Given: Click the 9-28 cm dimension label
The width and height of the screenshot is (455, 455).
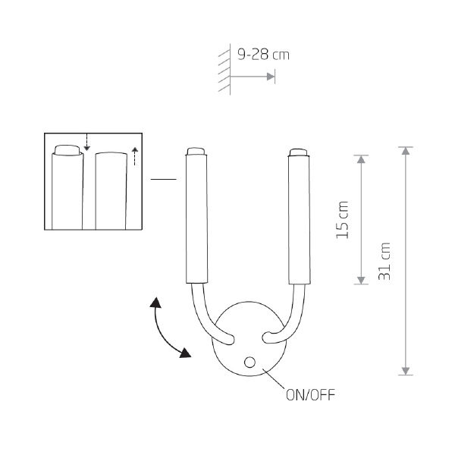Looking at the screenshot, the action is click(263, 55).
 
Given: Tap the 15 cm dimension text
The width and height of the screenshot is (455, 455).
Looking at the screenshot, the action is click(343, 220).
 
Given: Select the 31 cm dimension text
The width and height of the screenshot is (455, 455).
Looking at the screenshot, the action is click(384, 261).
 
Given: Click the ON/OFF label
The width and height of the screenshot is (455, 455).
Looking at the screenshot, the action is click(310, 395).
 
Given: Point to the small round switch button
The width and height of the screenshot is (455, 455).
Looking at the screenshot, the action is click(249, 362).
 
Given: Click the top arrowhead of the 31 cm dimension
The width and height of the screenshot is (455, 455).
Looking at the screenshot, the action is click(406, 151).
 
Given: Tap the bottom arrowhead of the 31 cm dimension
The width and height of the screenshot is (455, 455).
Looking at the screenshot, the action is click(406, 371).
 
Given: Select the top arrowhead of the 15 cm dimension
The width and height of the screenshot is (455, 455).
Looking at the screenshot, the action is click(361, 159).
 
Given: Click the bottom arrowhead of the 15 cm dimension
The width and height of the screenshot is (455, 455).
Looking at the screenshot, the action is click(361, 281).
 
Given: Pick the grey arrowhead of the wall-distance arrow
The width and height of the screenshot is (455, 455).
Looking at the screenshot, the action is click(271, 77).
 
